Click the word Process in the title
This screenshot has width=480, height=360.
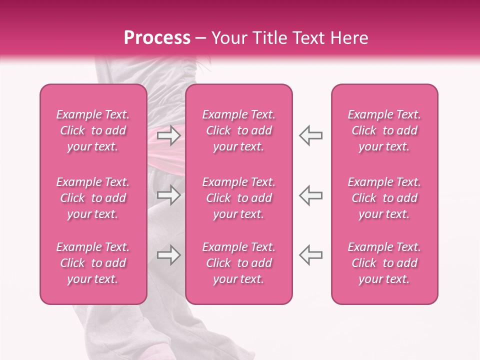point(157,38)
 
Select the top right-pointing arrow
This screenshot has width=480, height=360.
point(168,135)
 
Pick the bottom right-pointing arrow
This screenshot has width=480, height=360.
point(168,255)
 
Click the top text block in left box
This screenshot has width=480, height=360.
point(93,130)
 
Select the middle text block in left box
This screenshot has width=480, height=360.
point(93,198)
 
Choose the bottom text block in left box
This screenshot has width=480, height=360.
point(93,263)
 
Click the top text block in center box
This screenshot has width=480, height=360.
point(239,130)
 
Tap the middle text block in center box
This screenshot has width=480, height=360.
point(239,198)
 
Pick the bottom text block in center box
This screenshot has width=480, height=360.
point(239,263)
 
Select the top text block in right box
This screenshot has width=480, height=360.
point(384,130)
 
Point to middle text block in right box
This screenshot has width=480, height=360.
point(384,198)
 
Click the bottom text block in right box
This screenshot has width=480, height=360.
point(384,263)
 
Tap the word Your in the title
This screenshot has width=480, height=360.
point(227,38)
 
